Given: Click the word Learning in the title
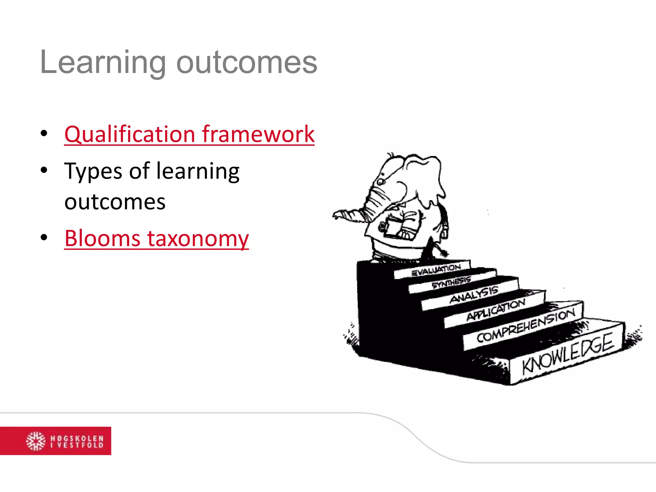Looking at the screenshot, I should click(x=102, y=63).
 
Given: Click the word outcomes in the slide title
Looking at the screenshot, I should click(x=247, y=63).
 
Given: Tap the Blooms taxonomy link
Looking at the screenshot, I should click(x=156, y=238).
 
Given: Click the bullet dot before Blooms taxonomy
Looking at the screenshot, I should click(x=44, y=238).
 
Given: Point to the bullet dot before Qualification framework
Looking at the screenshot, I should click(x=44, y=133).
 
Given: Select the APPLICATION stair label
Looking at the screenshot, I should click(x=496, y=309).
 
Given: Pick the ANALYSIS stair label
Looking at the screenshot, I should click(x=474, y=294).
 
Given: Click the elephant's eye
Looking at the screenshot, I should click(x=380, y=182).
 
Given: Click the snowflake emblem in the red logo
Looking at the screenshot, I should click(x=36, y=441).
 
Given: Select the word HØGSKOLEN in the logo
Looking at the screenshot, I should click(x=77, y=438).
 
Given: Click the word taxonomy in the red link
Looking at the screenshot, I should click(x=198, y=238).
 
